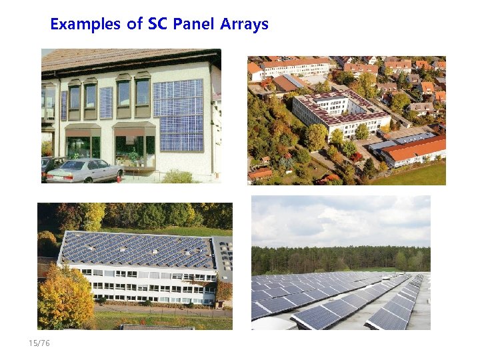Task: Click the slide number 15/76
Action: click(x=39, y=343)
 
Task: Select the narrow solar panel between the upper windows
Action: click(x=106, y=102)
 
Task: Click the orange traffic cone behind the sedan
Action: click(x=120, y=177)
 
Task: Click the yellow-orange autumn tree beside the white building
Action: click(x=63, y=297)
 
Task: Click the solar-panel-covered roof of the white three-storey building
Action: click(x=137, y=250)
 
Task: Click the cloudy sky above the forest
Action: click(x=340, y=220)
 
